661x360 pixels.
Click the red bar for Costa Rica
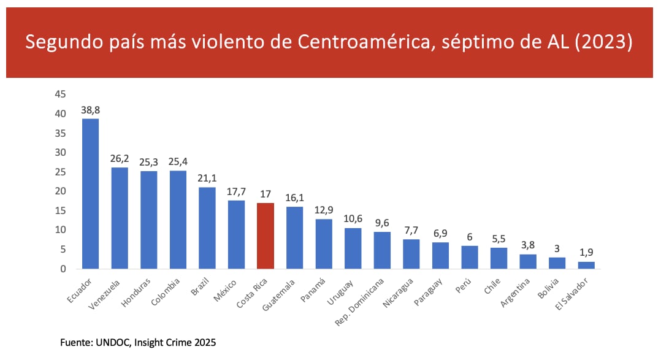point(265,236)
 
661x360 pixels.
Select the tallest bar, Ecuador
point(90,193)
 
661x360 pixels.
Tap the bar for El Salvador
point(586,265)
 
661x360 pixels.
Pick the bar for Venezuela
point(120,218)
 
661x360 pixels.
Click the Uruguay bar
point(353,248)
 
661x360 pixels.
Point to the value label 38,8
point(90,110)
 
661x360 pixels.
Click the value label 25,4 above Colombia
point(178,163)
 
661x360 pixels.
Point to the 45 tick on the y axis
point(60,94)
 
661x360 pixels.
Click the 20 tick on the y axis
point(60,191)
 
